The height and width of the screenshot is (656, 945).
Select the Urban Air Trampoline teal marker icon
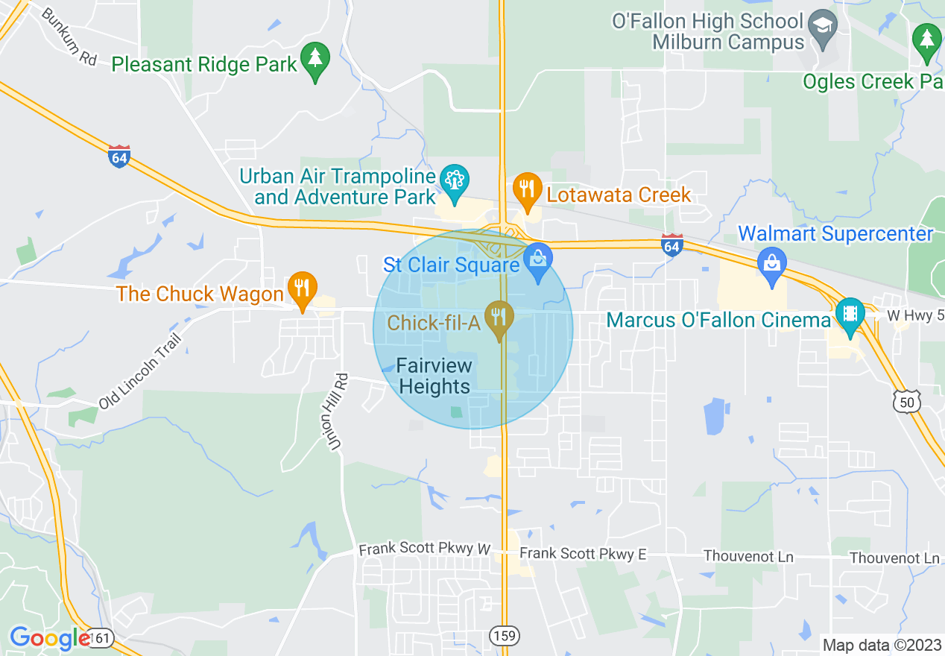point(453,180)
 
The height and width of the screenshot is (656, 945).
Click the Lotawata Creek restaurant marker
point(527,189)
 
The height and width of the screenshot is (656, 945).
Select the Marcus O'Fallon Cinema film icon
point(849,314)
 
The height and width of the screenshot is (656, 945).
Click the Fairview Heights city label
point(434,376)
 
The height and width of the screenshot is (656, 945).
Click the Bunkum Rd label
point(69,37)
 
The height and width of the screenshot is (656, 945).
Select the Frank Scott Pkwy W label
point(425,549)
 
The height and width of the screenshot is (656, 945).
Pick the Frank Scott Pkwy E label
point(583,554)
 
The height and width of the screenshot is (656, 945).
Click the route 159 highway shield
point(505,635)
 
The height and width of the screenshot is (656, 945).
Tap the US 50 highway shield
point(906,402)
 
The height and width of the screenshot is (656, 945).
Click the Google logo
point(49,638)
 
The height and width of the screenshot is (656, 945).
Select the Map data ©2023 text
point(880,645)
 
